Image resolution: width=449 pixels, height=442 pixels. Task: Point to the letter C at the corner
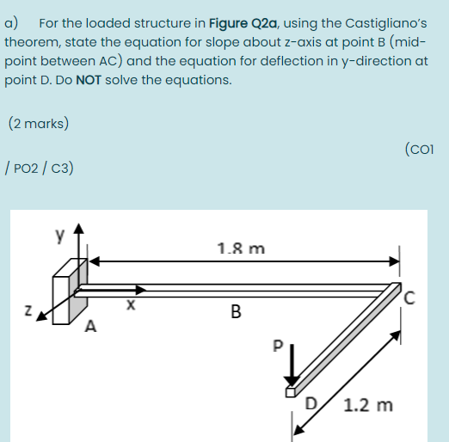pos(410,298)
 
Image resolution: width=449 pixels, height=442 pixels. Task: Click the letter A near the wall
pos(90,326)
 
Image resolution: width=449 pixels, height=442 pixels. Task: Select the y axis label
pos(60,234)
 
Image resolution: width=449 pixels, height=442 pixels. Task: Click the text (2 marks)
pos(38,123)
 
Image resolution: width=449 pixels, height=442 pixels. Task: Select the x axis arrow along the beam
pos(108,292)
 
